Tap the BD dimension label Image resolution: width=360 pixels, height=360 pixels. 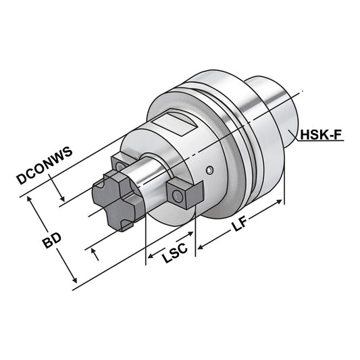[46, 242]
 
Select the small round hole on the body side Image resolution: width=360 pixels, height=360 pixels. [211, 169]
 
